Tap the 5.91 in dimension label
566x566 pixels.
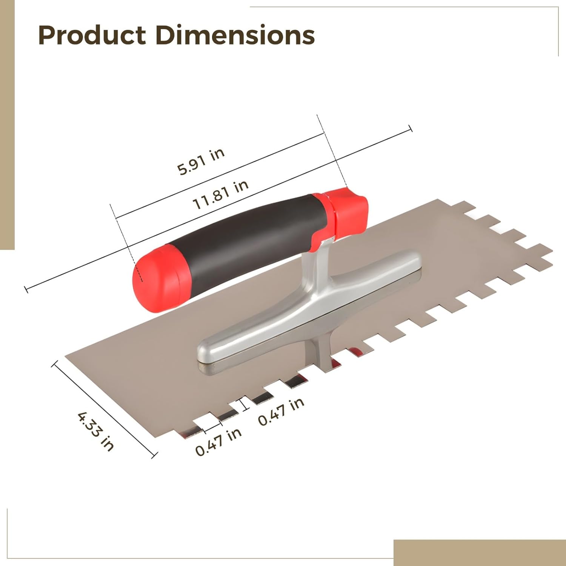coord(201,161)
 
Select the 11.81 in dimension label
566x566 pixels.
coord(220,195)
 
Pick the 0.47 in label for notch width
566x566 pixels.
coord(218,442)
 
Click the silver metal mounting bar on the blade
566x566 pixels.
coord(309,309)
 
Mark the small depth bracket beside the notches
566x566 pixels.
coord(245,403)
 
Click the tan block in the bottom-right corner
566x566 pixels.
coord(479,552)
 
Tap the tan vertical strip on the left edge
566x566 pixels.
coord(7,125)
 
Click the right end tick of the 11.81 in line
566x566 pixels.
coord(411,129)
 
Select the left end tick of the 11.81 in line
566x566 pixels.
coord(26,289)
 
